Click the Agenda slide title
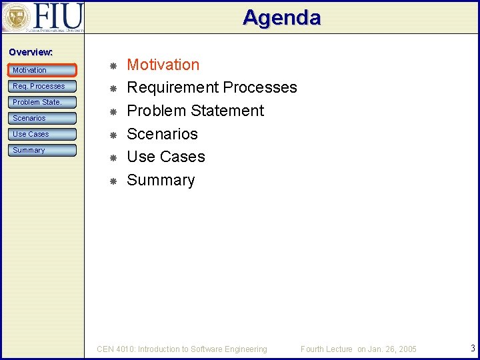point(281,17)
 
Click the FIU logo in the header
point(43,17)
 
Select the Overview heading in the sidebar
point(31,52)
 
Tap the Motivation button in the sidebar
point(43,70)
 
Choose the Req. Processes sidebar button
point(43,86)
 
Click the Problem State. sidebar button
point(43,102)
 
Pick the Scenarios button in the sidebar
point(43,118)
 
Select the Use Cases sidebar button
point(43,134)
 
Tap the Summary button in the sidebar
point(43,150)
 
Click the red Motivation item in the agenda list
point(163,65)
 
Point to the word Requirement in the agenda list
point(173,88)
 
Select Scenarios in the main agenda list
point(162,134)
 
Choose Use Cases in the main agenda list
point(165,157)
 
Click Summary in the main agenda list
point(161,180)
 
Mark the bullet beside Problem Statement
point(113,111)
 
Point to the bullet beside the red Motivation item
point(113,65)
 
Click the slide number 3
point(472,348)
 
